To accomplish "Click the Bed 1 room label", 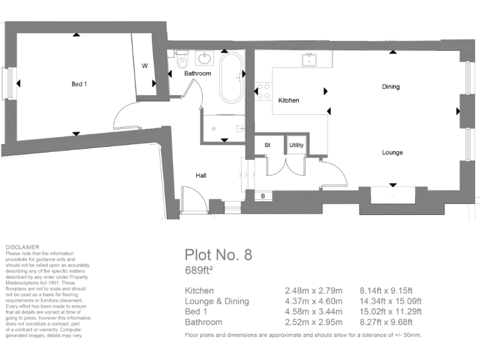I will point(79,83).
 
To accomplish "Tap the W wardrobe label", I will point(144,66).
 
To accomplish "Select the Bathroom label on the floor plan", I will point(197,74).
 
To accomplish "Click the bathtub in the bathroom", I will point(231,78).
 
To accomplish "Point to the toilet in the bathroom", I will point(182,60).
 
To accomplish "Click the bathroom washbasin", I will point(205,59).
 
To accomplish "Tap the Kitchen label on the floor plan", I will point(288,101).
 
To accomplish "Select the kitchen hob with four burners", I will point(262,91).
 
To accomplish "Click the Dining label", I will point(391,87).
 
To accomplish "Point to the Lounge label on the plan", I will point(392,152).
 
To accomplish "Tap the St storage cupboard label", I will point(267,145).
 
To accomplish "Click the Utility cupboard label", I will point(296,145).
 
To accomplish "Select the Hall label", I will point(201,176).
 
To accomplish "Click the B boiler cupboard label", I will point(262,196).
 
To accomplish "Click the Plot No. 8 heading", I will point(218,254).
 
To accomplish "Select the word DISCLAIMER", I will point(22,247).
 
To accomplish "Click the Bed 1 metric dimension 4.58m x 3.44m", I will point(313,312).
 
